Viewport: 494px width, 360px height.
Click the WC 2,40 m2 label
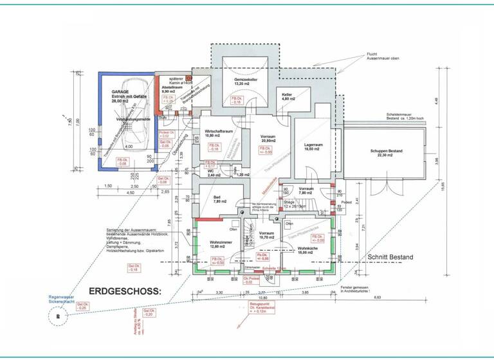point(212,172)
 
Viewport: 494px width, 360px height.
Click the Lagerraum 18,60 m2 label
point(309,147)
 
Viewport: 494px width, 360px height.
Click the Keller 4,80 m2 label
point(287,96)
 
